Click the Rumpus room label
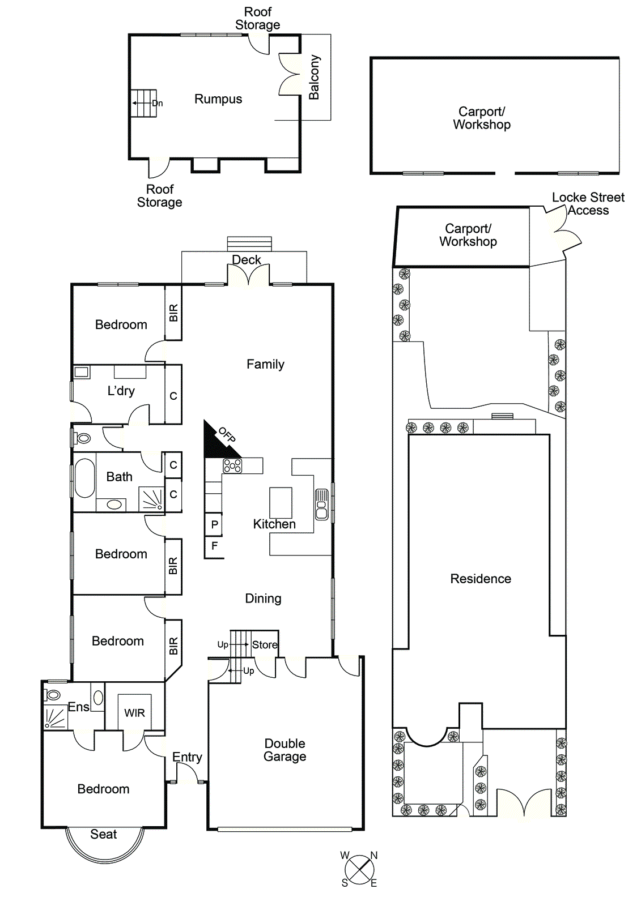tap(218, 99)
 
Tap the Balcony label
tap(315, 77)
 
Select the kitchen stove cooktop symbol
tap(232, 465)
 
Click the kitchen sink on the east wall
tap(321, 504)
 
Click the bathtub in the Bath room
tap(84, 478)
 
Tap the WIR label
tap(134, 713)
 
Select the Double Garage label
tap(285, 750)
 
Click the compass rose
tap(359, 870)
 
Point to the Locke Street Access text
tap(588, 204)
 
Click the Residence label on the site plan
tap(481, 579)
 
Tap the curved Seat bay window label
tap(103, 834)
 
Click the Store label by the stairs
tap(264, 645)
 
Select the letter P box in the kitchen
tap(214, 524)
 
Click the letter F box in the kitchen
tap(214, 546)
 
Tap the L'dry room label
tap(121, 391)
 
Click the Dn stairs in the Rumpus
tap(144, 103)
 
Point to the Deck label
tap(247, 260)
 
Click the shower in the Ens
tap(55, 718)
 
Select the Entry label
tap(187, 757)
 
